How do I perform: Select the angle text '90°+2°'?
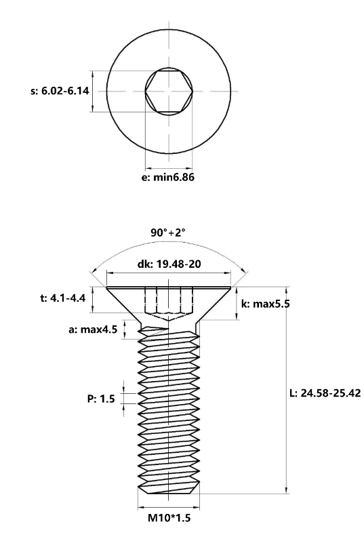point(168,233)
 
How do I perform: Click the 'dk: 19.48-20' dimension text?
point(169,264)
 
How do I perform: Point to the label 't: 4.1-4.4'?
point(63,298)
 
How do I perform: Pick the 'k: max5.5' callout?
point(266,304)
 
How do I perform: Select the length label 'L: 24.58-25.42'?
point(324,394)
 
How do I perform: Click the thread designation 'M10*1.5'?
point(169,519)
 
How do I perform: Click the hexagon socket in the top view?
point(169,91)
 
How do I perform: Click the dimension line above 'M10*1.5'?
point(169,507)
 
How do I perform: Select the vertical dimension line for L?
point(288,407)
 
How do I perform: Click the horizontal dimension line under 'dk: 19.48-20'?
point(169,274)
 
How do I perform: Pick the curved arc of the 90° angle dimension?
point(169,245)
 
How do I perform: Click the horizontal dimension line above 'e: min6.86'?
point(169,167)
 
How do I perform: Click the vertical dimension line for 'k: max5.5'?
point(237,304)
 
